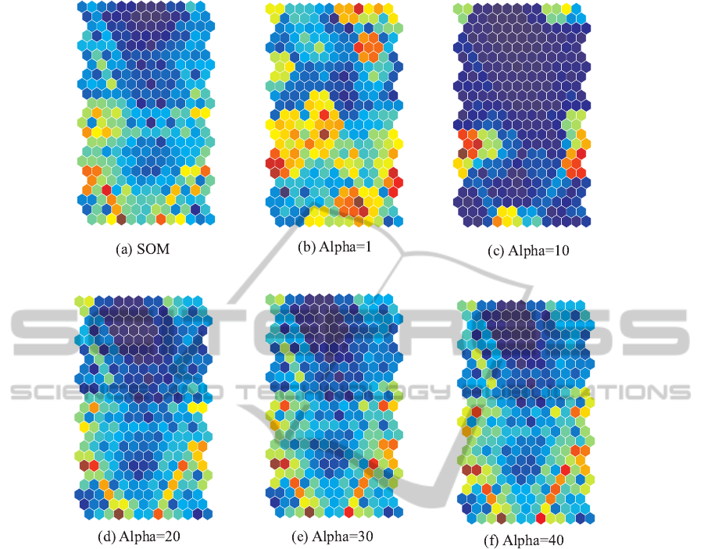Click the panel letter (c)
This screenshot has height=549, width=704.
coord(495,251)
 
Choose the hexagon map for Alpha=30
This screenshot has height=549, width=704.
coord(334,406)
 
